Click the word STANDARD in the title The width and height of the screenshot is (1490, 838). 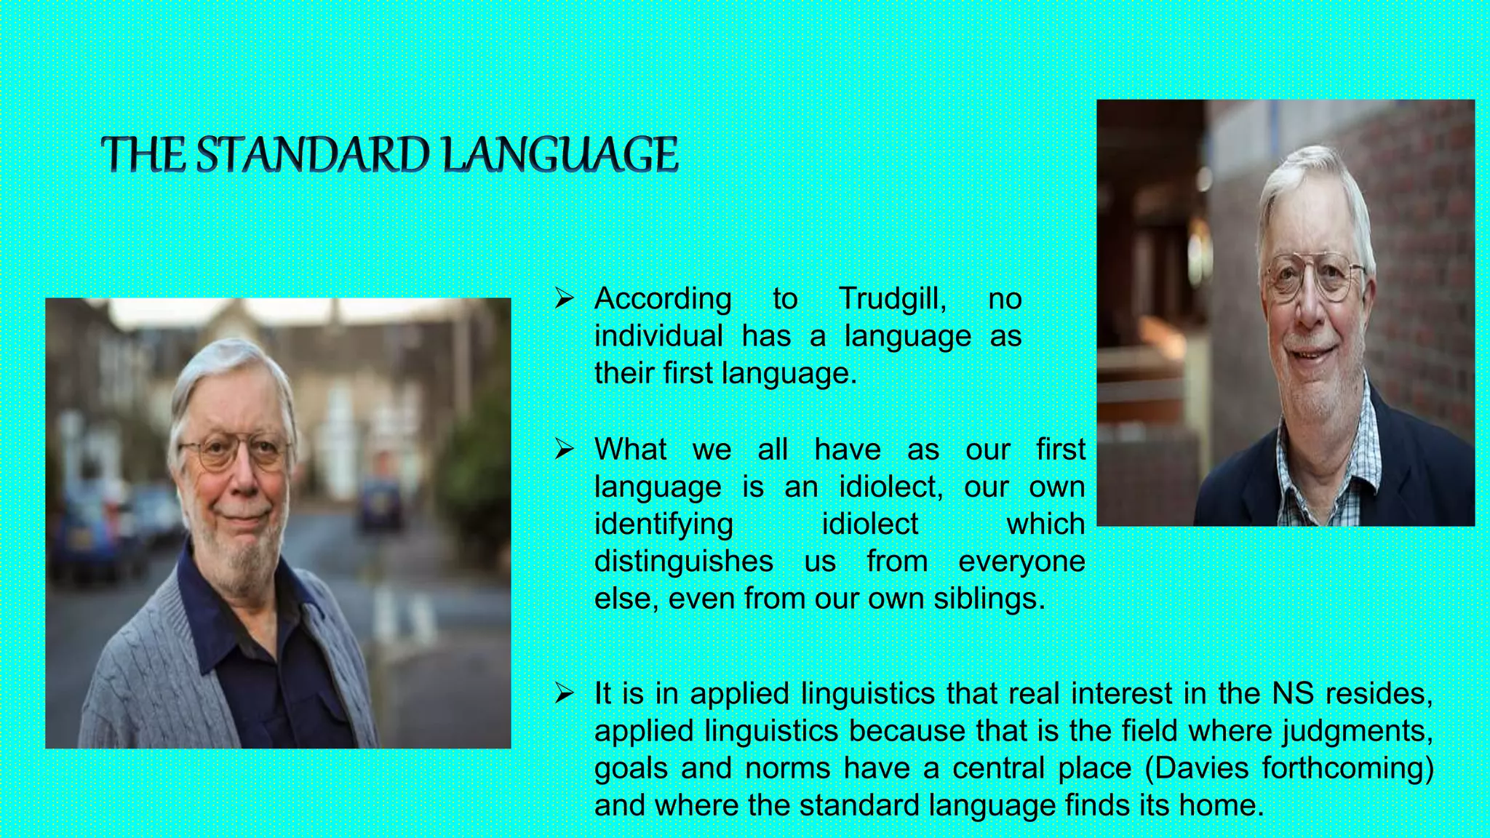tap(316, 155)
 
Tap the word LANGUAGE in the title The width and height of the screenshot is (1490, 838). tap(560, 155)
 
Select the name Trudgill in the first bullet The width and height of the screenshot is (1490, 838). tap(892, 299)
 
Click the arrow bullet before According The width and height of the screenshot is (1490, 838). tap(565, 298)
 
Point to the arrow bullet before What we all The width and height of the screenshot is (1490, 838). tap(565, 449)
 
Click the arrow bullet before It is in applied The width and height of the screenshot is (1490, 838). tap(565, 693)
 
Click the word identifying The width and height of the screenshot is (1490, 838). tap(664, 524)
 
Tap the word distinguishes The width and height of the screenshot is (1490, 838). tap(684, 562)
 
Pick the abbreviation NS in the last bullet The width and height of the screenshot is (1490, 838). tap(1292, 693)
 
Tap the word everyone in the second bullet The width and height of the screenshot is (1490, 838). tap(1021, 562)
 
